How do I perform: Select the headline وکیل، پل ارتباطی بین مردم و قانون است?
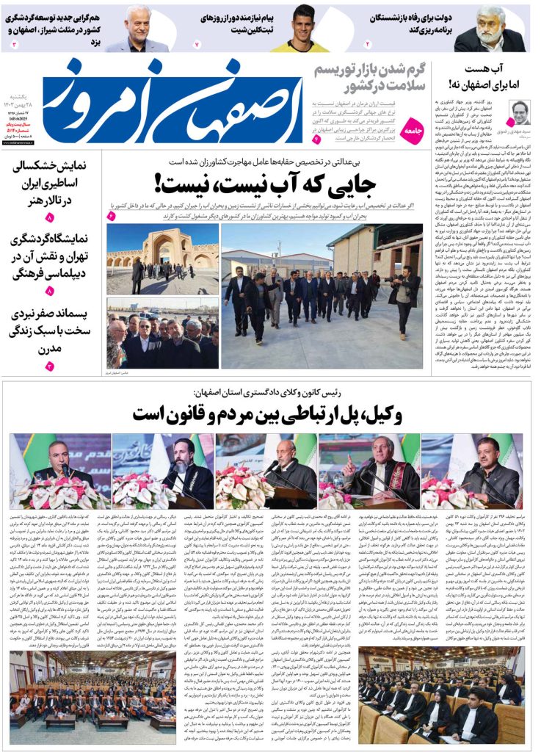(x=266, y=413)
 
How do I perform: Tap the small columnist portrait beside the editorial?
(x=519, y=114)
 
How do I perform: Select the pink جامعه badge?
(x=415, y=129)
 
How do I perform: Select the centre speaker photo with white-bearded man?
(x=266, y=470)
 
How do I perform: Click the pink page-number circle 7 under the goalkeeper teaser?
(x=197, y=45)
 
